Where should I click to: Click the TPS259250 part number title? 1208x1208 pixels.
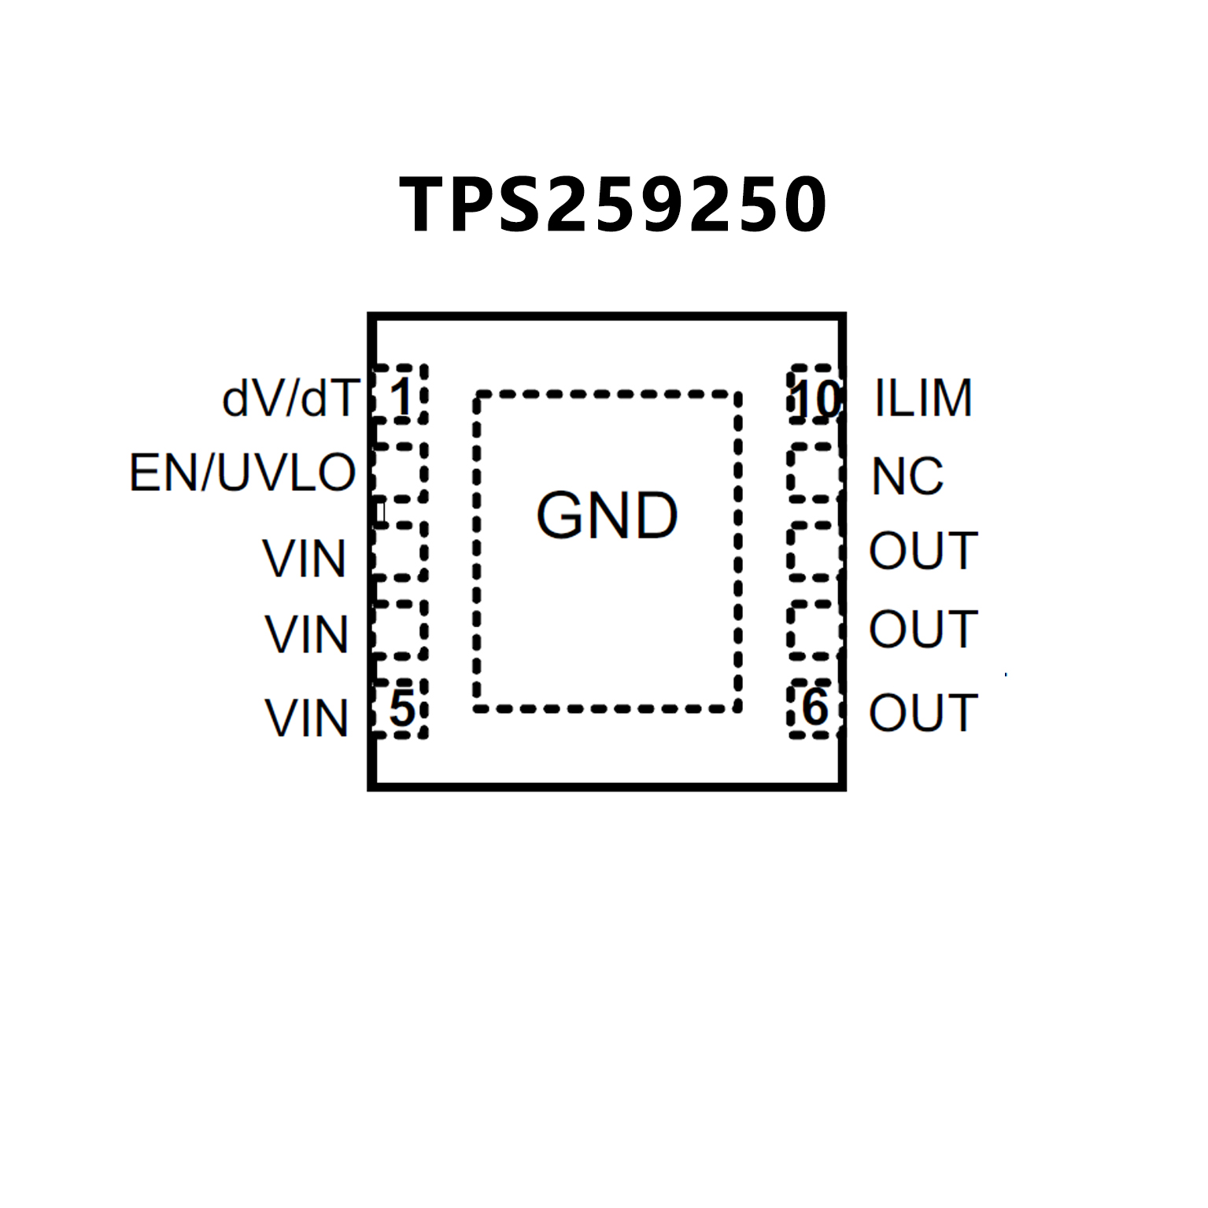[x=612, y=205]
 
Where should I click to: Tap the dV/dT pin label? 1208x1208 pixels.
[x=290, y=398]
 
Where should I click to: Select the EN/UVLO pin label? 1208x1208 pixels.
[x=242, y=473]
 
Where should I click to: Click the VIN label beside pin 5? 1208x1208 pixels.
[x=306, y=719]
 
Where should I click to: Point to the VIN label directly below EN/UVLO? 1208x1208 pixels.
[x=305, y=559]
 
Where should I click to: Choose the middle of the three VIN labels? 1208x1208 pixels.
[x=306, y=634]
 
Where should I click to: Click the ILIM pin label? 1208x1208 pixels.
[x=923, y=398]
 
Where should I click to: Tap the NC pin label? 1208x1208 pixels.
[x=907, y=477]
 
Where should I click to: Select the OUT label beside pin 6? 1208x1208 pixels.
[x=923, y=713]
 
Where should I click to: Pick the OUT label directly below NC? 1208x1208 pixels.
[x=923, y=551]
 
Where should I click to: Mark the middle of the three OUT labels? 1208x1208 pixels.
[x=923, y=630]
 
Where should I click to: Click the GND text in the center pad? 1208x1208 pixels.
[x=607, y=516]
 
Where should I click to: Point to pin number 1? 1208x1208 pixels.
[x=401, y=397]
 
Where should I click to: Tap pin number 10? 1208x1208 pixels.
[x=816, y=399]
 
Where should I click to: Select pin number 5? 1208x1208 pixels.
[x=401, y=708]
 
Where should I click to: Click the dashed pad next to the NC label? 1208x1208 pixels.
[x=813, y=472]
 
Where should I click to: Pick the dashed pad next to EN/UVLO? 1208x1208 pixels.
[x=400, y=472]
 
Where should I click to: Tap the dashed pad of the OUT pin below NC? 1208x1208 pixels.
[x=813, y=551]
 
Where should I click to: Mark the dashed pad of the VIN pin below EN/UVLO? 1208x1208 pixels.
[x=400, y=551]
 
